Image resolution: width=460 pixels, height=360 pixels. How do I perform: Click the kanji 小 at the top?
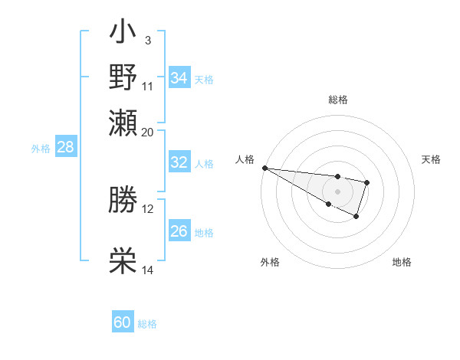click(x=123, y=34)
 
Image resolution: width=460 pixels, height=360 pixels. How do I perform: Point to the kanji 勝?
click(x=123, y=201)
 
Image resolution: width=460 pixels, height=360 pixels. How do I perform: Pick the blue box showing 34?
click(x=179, y=78)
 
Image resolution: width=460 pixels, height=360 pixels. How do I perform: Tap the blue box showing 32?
click(x=179, y=162)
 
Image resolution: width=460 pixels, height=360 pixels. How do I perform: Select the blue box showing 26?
click(x=179, y=231)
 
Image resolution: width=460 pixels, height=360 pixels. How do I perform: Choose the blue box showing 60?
click(x=123, y=322)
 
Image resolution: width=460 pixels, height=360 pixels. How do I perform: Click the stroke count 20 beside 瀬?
click(x=148, y=132)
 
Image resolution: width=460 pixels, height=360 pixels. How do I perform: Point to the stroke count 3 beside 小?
click(x=147, y=40)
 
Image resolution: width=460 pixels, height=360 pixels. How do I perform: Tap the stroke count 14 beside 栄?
click(x=148, y=270)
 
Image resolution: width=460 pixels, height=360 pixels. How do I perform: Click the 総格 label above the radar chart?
click(x=337, y=100)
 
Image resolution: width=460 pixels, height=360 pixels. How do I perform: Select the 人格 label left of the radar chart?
click(x=245, y=159)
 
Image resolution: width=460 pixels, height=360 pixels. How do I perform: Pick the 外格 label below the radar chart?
click(x=269, y=262)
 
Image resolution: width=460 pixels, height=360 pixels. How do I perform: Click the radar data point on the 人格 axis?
click(x=264, y=168)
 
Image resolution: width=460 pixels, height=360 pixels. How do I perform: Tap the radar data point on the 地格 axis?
click(x=356, y=217)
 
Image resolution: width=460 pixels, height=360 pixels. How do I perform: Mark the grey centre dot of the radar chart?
click(x=337, y=191)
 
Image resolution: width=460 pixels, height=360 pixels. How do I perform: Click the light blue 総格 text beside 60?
click(x=148, y=324)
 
